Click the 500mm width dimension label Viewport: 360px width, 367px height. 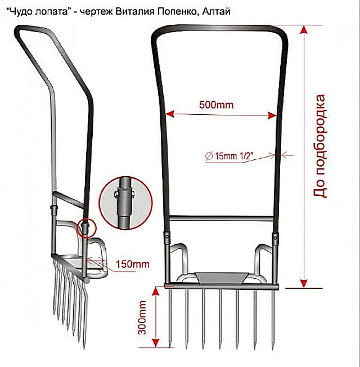[x=216, y=105]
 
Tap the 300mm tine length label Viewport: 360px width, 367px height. [x=142, y=317]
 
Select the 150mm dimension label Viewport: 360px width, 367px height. [x=133, y=264]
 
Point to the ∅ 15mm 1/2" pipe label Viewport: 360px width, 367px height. [x=229, y=156]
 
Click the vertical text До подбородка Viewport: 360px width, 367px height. [x=319, y=146]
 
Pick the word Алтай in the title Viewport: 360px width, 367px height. [x=216, y=11]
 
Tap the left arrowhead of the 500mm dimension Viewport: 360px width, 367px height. [x=169, y=114]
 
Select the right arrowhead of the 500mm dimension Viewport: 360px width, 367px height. [x=272, y=115]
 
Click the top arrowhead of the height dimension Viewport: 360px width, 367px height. [x=304, y=30]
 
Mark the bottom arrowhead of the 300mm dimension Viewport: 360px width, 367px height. [x=156, y=343]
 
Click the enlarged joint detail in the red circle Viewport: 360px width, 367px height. [x=125, y=203]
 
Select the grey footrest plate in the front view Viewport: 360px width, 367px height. [x=221, y=278]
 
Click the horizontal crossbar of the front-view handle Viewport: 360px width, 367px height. [x=221, y=219]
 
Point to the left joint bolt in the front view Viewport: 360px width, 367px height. [x=167, y=236]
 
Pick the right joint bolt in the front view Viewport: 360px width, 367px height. [x=275, y=238]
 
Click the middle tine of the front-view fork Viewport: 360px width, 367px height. [x=220, y=319]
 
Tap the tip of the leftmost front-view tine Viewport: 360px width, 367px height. [x=170, y=348]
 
